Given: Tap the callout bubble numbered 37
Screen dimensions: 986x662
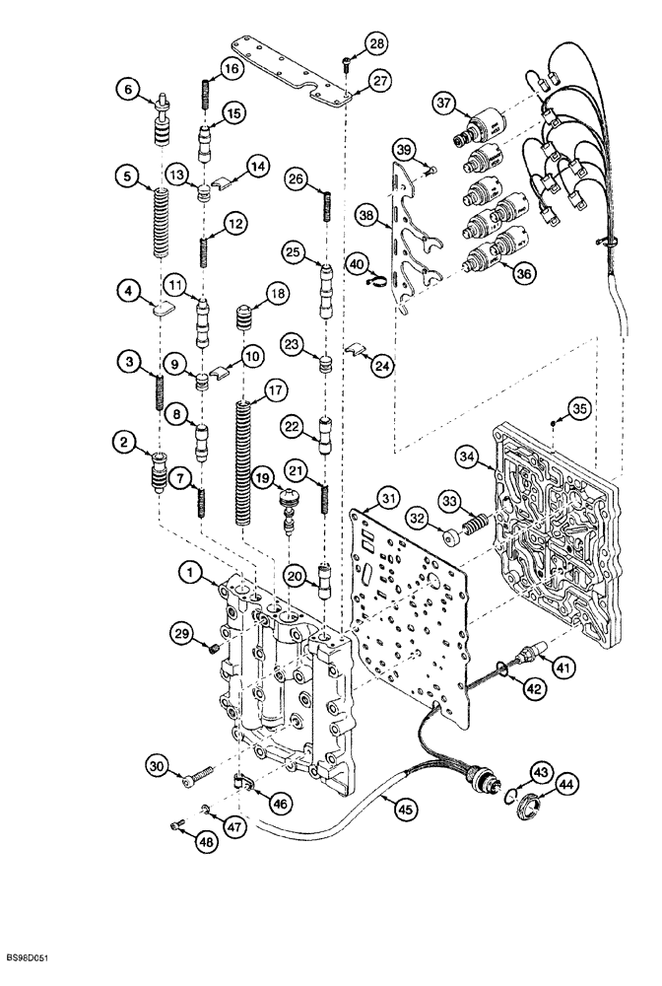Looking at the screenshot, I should pos(444,104).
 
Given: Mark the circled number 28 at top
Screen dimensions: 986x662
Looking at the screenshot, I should pos(377,42).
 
